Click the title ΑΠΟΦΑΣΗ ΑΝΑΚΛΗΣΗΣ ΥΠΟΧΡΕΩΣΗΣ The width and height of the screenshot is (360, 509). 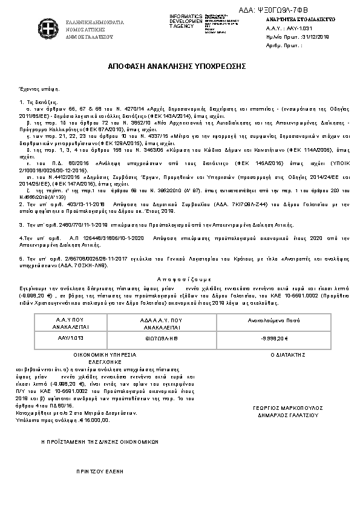coord(180,63)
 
